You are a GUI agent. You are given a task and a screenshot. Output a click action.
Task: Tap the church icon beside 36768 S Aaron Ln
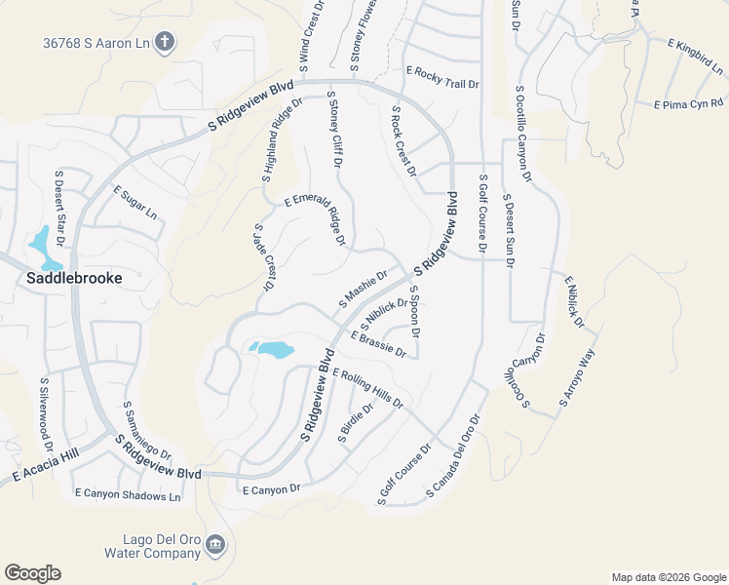(166, 42)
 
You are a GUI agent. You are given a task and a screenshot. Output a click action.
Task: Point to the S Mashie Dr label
(363, 290)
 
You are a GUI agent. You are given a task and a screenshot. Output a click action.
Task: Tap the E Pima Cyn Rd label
(689, 102)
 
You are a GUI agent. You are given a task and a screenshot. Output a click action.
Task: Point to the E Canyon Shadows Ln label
(128, 495)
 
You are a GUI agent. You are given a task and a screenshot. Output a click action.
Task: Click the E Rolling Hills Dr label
(367, 387)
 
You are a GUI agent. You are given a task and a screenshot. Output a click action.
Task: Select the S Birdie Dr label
(356, 423)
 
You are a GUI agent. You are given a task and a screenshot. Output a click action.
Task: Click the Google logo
(32, 573)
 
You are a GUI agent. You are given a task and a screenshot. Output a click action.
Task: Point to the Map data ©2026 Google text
(668, 577)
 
